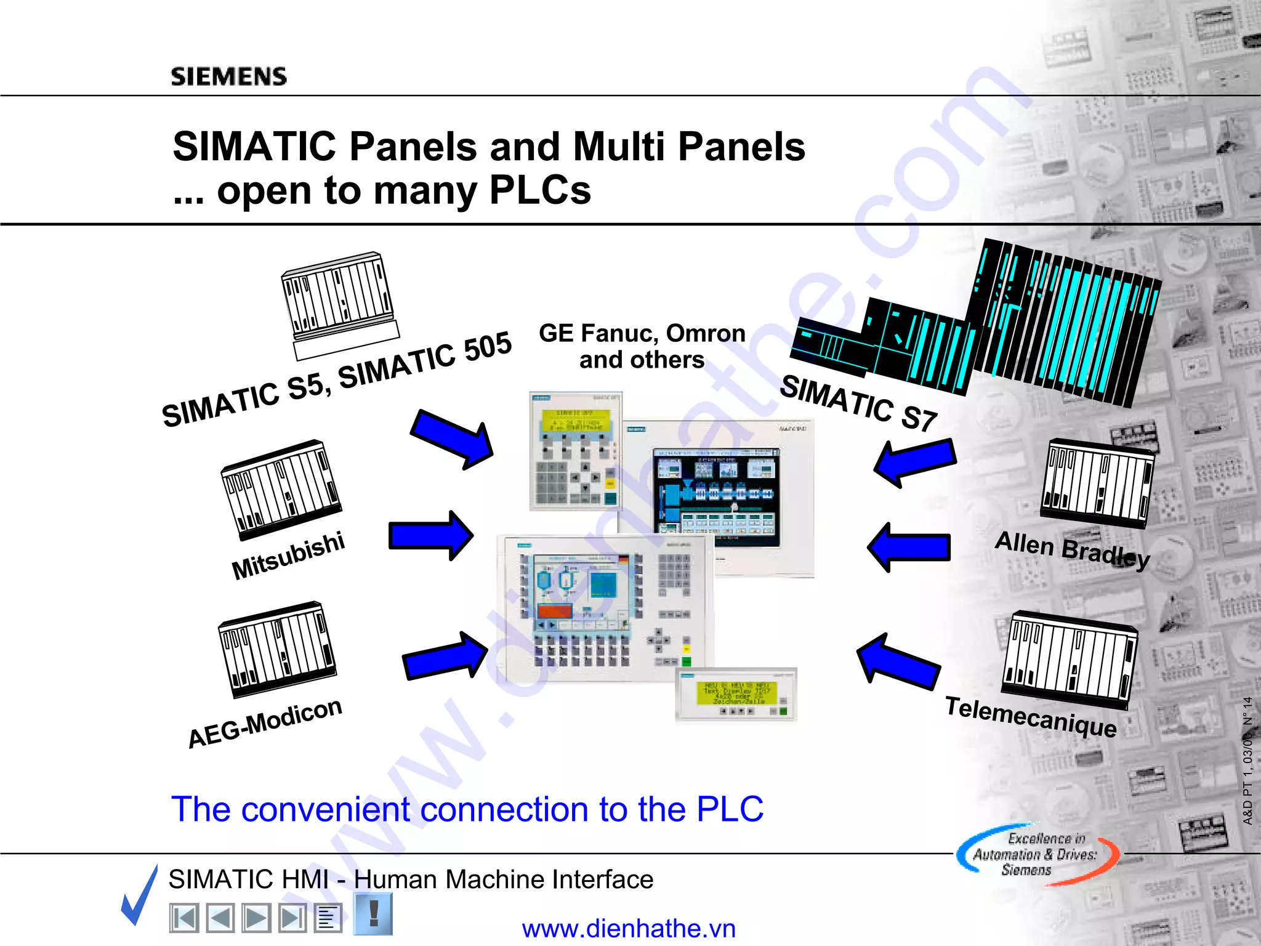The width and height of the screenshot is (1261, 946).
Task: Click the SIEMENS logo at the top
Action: [x=228, y=76]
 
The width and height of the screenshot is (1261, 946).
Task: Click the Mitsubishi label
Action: [x=288, y=556]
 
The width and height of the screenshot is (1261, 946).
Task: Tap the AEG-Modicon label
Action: [x=265, y=722]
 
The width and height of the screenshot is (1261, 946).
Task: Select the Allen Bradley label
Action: [x=1072, y=549]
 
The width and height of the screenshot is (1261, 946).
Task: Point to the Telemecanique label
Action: [x=1031, y=716]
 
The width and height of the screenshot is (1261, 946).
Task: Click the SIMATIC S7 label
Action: [x=858, y=404]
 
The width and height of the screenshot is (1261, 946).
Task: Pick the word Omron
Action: [x=706, y=333]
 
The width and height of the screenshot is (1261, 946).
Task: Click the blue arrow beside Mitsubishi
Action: [x=430, y=535]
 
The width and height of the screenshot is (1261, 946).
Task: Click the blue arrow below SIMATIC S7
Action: [x=915, y=462]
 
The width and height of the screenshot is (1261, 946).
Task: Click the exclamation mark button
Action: [x=373, y=914]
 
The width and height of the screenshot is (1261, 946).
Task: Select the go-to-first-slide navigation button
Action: [x=183, y=918]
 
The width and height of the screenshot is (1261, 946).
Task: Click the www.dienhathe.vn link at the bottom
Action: [x=629, y=928]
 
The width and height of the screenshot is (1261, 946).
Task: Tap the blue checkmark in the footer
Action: [x=140, y=896]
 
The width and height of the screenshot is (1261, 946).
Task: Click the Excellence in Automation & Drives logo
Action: [x=1037, y=855]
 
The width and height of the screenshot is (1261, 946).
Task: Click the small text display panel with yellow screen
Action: [x=736, y=694]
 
